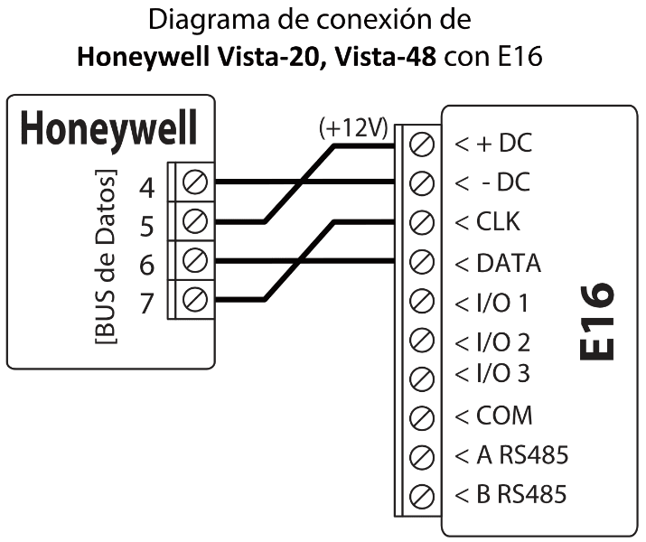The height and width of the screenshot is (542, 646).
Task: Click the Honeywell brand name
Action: [x=109, y=130]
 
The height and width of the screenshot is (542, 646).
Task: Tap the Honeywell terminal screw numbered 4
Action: [x=196, y=182]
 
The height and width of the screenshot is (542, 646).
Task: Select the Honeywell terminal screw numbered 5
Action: [x=196, y=220]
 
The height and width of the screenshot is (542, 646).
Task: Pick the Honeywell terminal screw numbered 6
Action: [x=196, y=258]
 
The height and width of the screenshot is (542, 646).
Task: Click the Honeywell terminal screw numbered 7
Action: [x=196, y=297]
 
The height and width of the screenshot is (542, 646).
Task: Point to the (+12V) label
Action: [x=353, y=128]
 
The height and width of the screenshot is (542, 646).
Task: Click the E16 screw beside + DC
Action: [x=419, y=144]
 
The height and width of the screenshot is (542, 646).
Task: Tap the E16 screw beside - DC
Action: [x=419, y=182]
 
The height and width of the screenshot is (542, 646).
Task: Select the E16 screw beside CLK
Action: [x=419, y=221]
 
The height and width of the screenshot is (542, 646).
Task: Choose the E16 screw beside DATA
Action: [x=419, y=261]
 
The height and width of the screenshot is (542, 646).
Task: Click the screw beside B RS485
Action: [x=419, y=495]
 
